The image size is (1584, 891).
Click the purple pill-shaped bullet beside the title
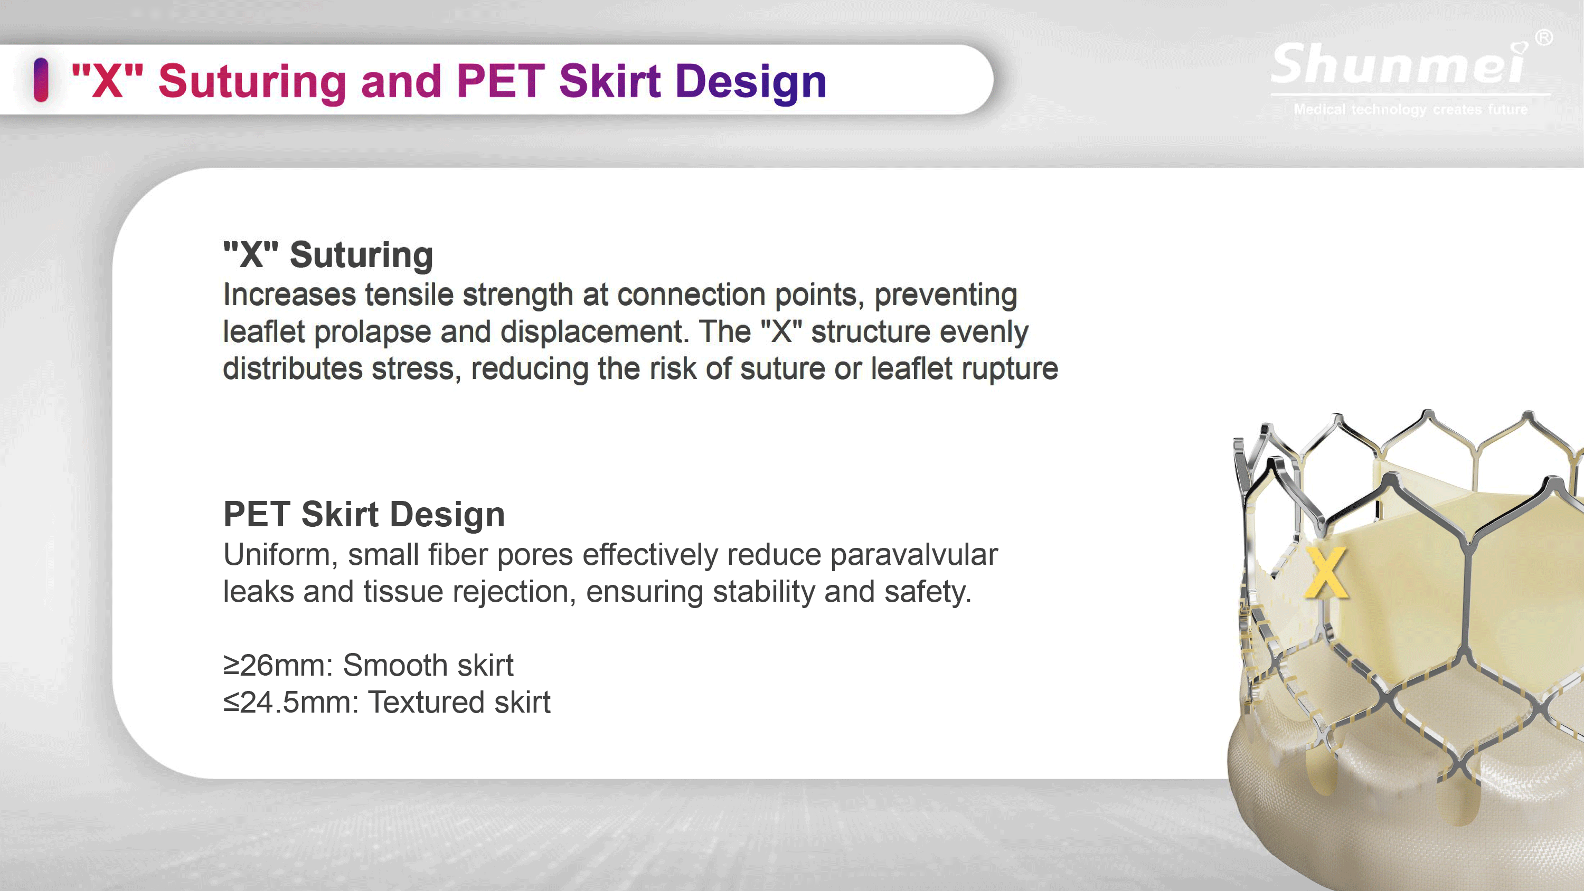[41, 79]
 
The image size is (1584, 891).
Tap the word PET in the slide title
[501, 81]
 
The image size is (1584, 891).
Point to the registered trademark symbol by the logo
[1544, 38]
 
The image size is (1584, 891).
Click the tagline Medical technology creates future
[1411, 109]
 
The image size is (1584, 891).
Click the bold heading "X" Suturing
[328, 254]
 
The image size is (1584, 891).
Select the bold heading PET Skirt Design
[364, 514]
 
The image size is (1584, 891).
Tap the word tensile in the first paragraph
[409, 295]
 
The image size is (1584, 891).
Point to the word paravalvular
[914, 555]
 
